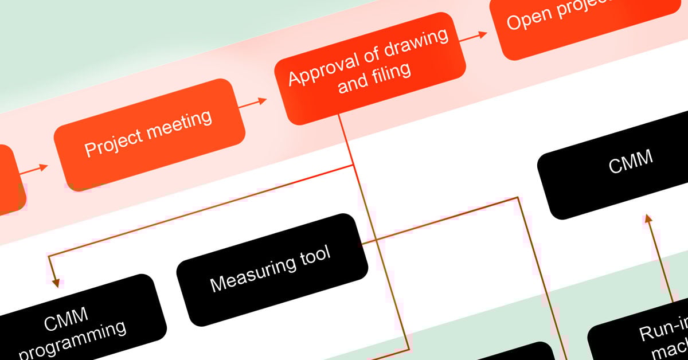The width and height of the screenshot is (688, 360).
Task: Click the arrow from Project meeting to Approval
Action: [x=252, y=103]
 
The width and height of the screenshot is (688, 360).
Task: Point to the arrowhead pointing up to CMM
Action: [x=648, y=218]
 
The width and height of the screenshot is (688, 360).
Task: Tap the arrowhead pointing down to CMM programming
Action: [x=56, y=281]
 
